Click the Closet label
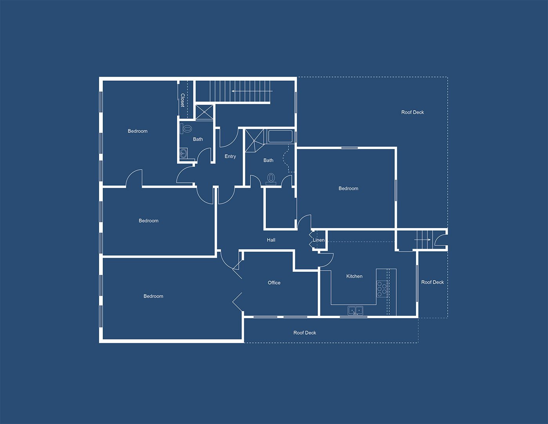pos(183,100)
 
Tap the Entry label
pos(230,156)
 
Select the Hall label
pos(271,240)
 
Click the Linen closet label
pos(319,240)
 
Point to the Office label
pos(274,283)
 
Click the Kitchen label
pos(354,276)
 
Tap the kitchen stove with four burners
pos(382,289)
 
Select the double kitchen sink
pos(356,311)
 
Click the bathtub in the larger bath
pos(280,136)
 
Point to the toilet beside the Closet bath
pos(186,129)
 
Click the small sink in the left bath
pos(183,153)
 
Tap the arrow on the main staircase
pos(252,91)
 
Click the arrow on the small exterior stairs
pos(423,239)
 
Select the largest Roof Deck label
pos(413,112)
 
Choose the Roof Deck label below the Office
pos(305,333)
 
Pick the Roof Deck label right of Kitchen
pos(432,282)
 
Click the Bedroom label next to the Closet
pos(138,131)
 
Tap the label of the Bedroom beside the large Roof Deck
pos(348,188)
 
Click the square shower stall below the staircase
pos(204,112)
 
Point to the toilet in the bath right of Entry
pos(271,179)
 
